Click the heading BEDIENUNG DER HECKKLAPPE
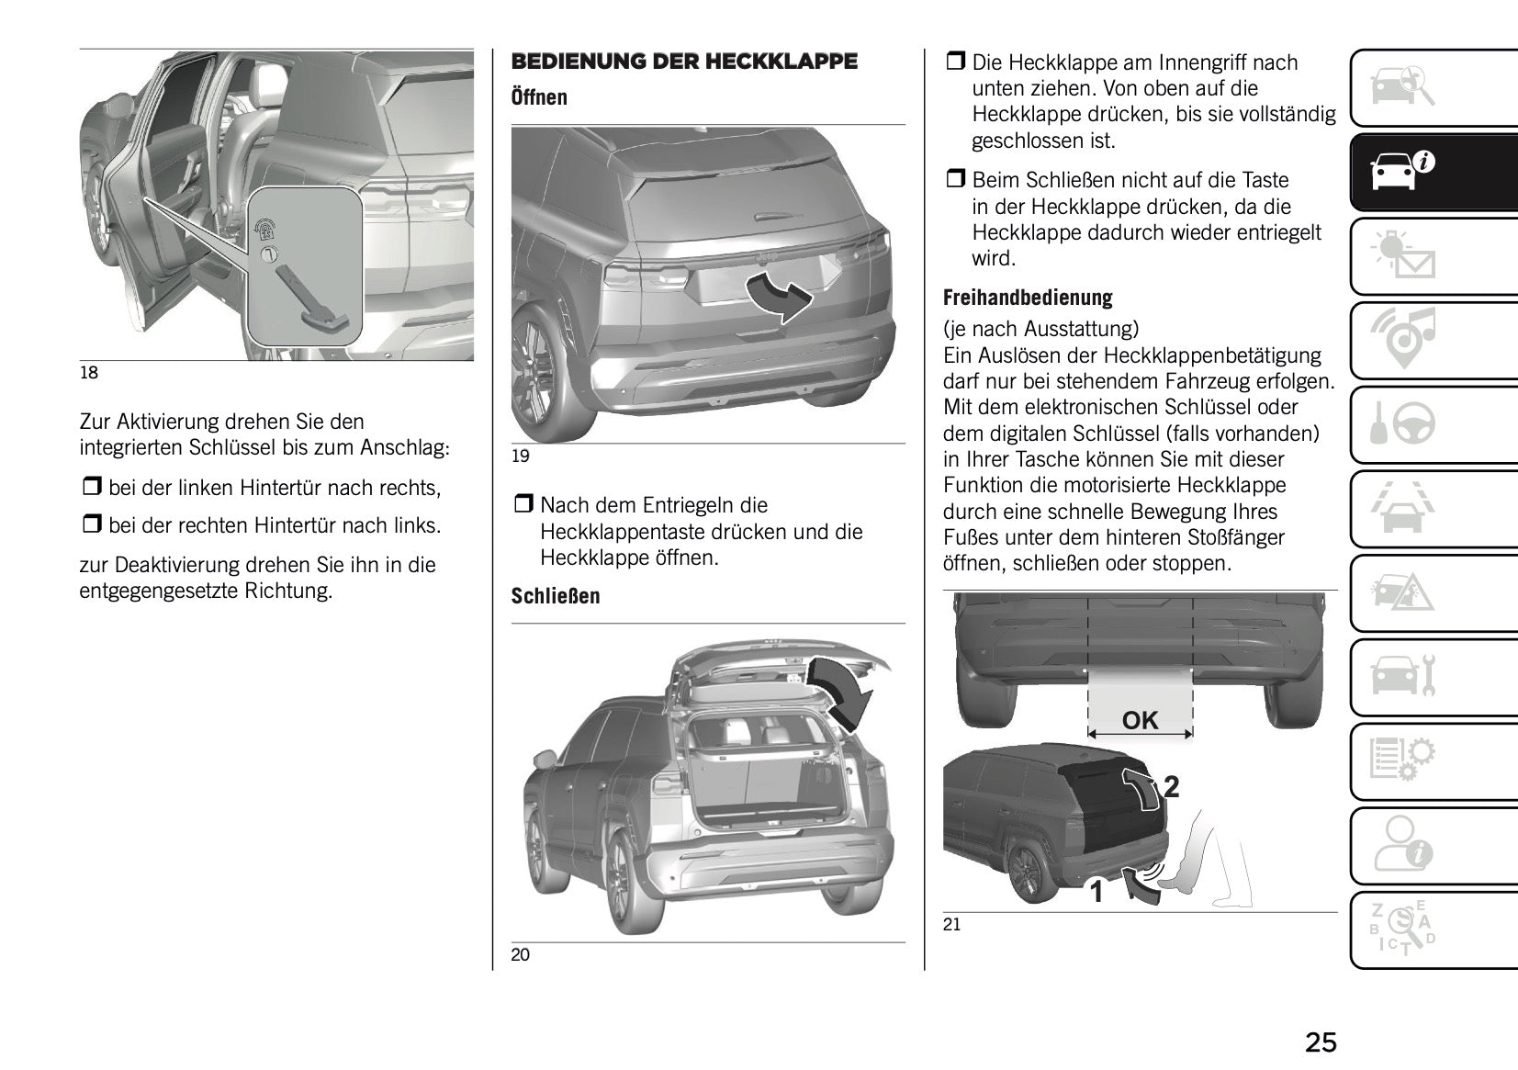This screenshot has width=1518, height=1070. click(x=684, y=62)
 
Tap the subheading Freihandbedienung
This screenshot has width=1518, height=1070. click(x=1028, y=298)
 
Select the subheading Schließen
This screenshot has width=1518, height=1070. click(x=556, y=596)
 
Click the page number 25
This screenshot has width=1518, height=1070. click(x=1321, y=1042)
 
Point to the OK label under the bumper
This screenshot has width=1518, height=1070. click(x=1141, y=721)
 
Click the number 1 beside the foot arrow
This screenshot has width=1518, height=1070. click(x=1096, y=891)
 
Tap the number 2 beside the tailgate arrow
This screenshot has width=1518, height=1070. click(x=1171, y=787)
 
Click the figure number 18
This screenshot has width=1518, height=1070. click(x=89, y=373)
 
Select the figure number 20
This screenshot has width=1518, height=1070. click(x=520, y=955)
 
